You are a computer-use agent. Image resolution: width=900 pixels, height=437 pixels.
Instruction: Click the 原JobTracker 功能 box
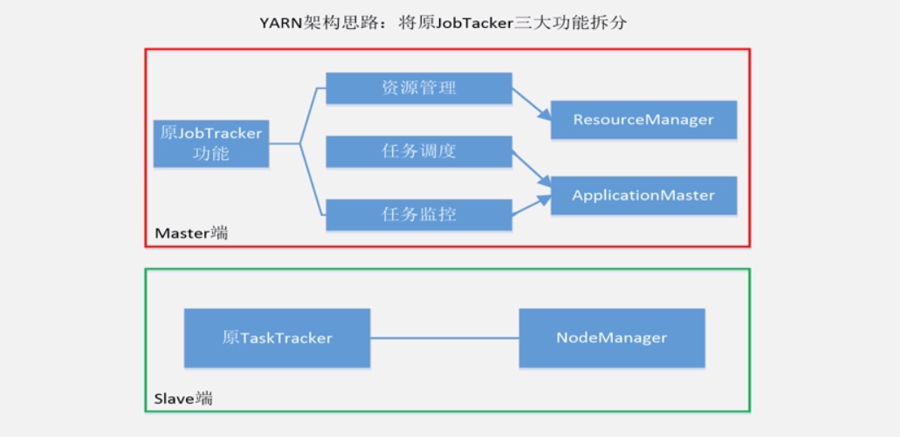211,143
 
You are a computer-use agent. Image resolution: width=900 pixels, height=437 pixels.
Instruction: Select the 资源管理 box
418,88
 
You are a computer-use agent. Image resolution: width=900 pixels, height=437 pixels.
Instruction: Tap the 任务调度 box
418,151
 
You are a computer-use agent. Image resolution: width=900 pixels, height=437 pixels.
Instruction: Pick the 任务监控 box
418,214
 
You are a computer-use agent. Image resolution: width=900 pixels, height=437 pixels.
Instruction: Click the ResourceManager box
643,120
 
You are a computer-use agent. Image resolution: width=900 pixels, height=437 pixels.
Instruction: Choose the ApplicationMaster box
643,196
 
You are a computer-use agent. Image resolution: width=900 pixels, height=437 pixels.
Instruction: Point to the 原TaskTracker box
277,337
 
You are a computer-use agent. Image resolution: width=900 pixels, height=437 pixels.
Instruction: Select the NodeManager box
611,337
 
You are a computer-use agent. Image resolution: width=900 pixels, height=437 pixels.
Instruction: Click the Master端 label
191,233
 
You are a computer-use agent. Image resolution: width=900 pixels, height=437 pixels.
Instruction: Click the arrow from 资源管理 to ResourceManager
531,103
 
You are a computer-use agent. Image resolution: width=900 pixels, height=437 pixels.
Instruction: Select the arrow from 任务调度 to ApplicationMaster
531,168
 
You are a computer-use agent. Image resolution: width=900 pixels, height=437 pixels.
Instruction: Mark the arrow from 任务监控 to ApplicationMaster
531,206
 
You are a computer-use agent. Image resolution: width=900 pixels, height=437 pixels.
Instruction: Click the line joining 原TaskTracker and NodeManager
444,337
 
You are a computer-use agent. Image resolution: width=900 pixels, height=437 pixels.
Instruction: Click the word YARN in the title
280,24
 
